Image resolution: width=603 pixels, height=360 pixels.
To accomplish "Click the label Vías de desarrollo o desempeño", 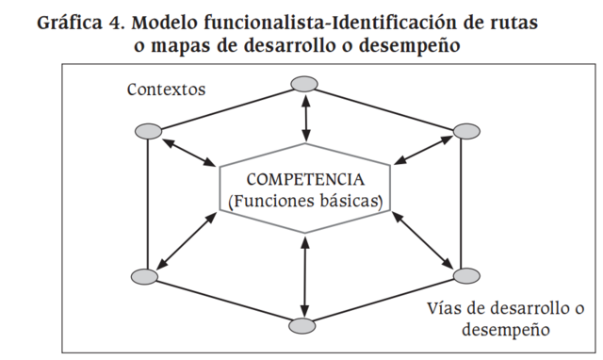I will coord(506,319).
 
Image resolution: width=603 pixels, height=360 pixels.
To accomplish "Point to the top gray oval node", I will coord(303,85).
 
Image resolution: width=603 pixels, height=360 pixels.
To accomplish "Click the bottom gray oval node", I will coord(301,326).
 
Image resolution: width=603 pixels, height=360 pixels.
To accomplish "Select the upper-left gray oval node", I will coord(148,130).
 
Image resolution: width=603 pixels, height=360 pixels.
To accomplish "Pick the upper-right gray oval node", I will coord(464,130).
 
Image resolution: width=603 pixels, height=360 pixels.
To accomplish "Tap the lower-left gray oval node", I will coord(145,277).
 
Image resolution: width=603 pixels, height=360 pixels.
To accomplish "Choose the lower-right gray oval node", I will coord(465,276).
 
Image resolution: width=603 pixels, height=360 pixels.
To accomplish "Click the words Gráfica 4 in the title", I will coord(81,22).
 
